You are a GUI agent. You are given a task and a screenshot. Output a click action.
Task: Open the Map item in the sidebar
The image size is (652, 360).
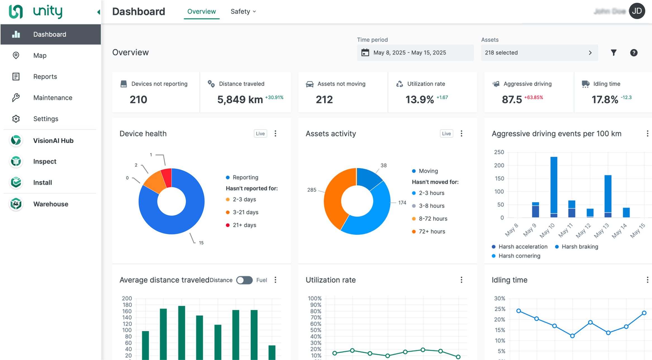click(40, 55)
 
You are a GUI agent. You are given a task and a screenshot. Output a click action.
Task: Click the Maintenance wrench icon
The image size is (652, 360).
click(16, 98)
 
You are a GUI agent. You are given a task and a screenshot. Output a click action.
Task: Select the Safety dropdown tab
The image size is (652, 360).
click(243, 11)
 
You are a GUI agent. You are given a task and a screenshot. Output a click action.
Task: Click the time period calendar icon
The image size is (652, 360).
click(365, 53)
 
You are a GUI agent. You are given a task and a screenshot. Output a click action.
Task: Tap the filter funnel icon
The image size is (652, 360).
click(613, 53)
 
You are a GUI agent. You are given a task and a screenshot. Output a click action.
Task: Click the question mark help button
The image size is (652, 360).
click(634, 53)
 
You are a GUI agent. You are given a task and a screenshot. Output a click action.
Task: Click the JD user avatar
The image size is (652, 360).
click(637, 11)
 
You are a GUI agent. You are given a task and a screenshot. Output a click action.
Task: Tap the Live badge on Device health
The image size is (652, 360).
click(260, 134)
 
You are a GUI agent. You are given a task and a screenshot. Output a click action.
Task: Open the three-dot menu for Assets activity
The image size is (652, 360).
click(461, 134)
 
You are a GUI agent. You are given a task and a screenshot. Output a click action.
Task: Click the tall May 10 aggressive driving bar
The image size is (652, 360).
click(554, 184)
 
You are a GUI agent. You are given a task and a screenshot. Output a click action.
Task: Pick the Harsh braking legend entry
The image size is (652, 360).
click(580, 247)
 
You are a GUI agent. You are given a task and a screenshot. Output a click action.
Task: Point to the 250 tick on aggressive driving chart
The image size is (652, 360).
click(499, 152)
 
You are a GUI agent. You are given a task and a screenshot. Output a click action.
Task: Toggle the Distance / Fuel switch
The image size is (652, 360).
click(244, 280)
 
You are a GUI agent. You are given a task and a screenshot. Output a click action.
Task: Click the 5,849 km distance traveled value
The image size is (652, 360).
click(240, 100)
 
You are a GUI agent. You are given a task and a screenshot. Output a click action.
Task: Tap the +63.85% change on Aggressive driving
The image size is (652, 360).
click(533, 98)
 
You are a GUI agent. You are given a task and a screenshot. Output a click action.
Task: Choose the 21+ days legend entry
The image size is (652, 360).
click(244, 225)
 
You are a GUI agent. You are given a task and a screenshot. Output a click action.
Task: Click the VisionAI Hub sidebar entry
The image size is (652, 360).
click(53, 141)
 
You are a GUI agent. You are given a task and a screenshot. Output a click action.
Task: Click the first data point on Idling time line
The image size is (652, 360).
click(519, 311)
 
